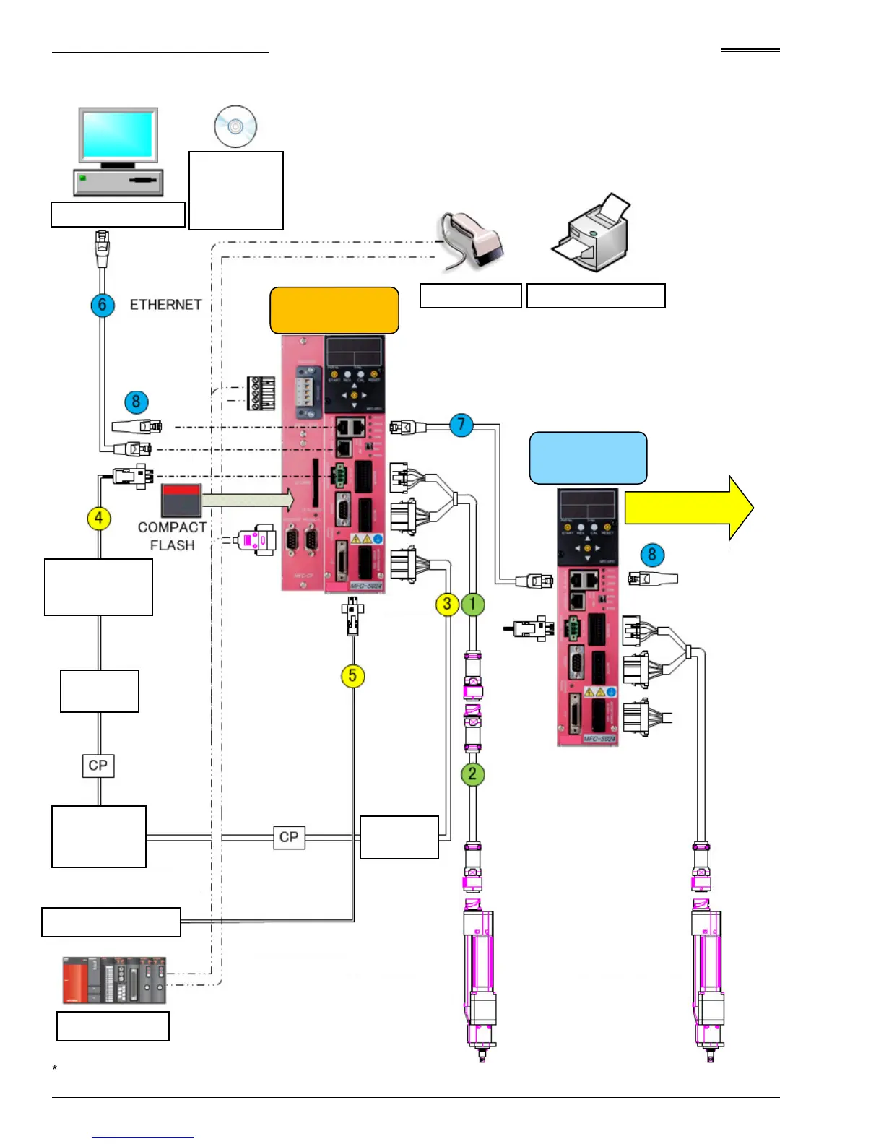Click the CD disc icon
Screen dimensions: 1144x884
click(235, 126)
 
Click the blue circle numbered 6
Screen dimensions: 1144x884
click(103, 305)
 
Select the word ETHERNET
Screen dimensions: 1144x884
click(165, 305)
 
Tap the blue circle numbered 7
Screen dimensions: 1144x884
click(461, 425)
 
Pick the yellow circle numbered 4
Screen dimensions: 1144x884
click(99, 518)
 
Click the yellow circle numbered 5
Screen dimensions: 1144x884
click(352, 676)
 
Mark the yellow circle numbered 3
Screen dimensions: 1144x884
click(447, 604)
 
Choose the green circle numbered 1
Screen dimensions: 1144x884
click(473, 604)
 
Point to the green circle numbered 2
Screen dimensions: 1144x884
click(472, 774)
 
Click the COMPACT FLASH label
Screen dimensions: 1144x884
click(172, 536)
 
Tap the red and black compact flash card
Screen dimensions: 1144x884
click(181, 500)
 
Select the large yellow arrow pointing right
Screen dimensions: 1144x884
click(688, 508)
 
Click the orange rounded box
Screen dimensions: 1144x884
click(334, 311)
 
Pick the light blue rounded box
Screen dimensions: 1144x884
click(588, 458)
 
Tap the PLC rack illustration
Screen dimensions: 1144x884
click(114, 980)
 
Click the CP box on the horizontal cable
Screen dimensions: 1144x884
click(289, 837)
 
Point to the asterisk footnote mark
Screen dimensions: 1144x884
click(55, 1068)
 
